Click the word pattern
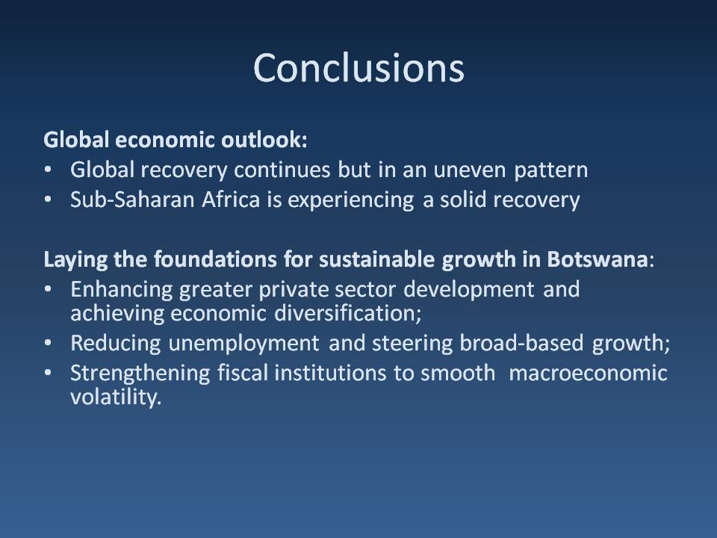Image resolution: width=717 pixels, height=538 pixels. [x=550, y=171]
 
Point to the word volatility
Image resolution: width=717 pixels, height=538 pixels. [x=115, y=398]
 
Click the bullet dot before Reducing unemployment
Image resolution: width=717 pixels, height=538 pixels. [x=49, y=344]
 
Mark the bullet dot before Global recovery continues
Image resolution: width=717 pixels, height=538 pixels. [x=49, y=171]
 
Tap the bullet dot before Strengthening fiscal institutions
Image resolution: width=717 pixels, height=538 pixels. [x=49, y=374]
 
